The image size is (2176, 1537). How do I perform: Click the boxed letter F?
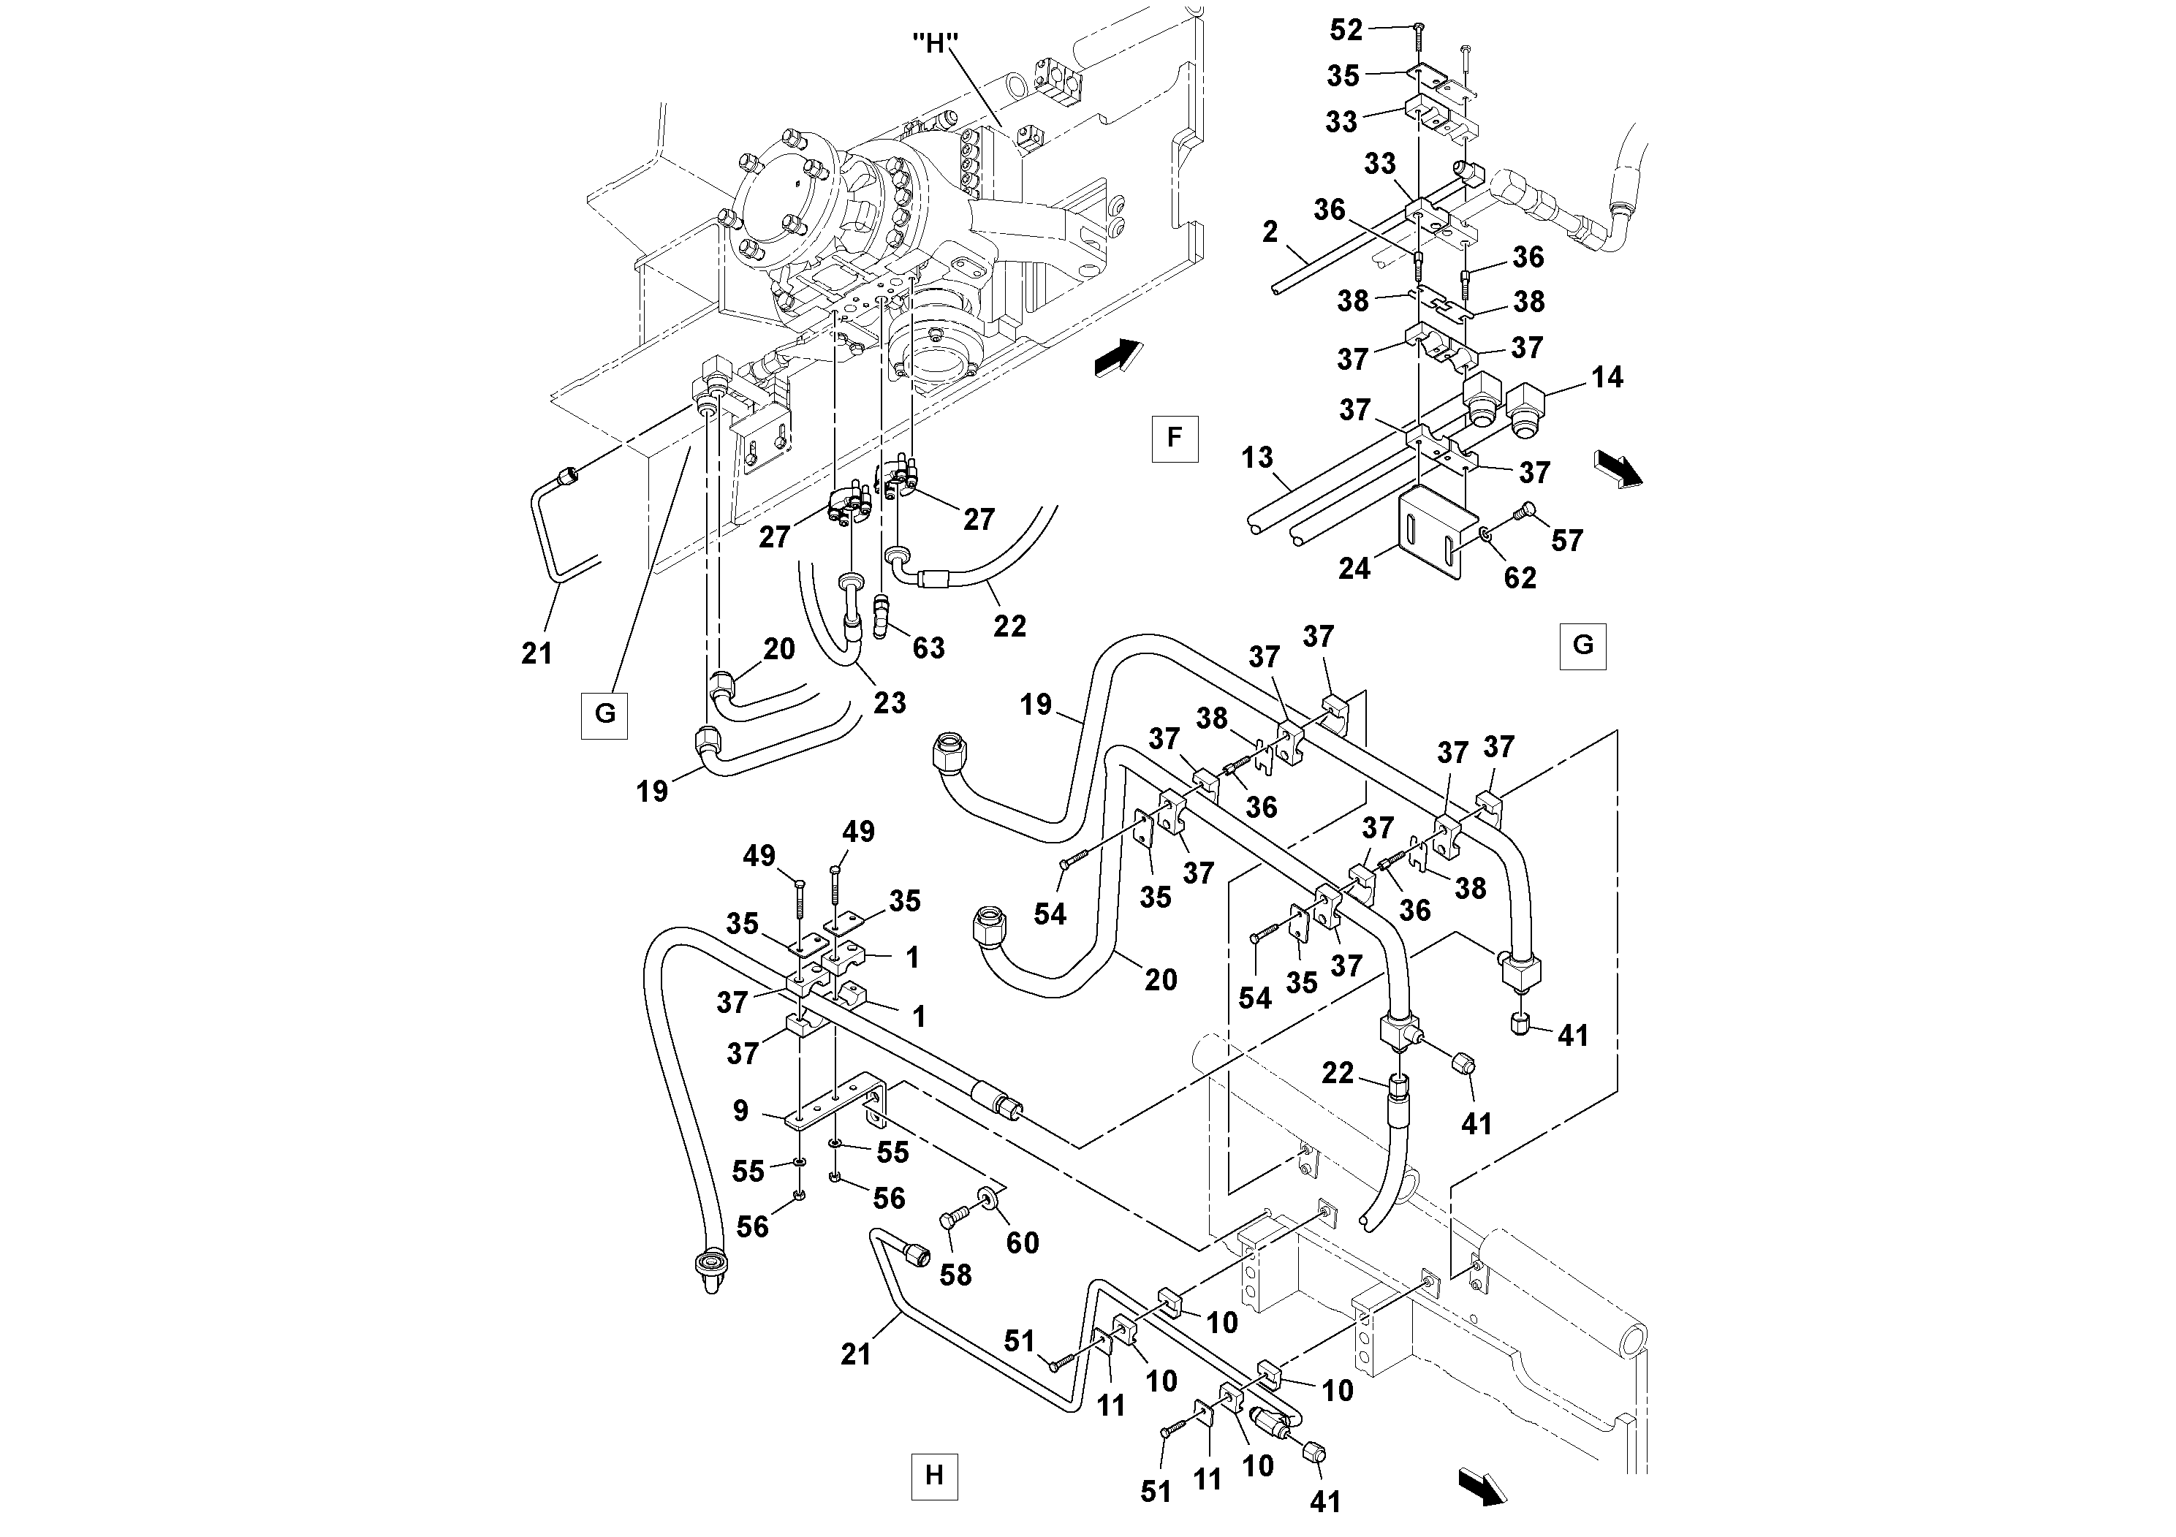tap(1174, 438)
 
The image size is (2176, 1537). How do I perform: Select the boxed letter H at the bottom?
tap(933, 1476)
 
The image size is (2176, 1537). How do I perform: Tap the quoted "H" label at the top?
tap(936, 45)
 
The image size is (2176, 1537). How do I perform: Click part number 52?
tap(1346, 30)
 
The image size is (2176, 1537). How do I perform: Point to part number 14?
tap(1607, 378)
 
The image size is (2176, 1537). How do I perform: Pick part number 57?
tap(1566, 540)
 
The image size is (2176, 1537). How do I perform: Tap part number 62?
tap(1520, 577)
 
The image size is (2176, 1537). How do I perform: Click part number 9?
tap(741, 1111)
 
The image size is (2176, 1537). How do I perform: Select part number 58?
tap(955, 1275)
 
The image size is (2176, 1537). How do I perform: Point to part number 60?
tap(1023, 1242)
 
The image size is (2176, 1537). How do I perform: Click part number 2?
tap(1270, 232)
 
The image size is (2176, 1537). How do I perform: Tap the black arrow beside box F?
tap(1116, 359)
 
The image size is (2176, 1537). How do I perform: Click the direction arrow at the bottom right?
tap(1482, 1486)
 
